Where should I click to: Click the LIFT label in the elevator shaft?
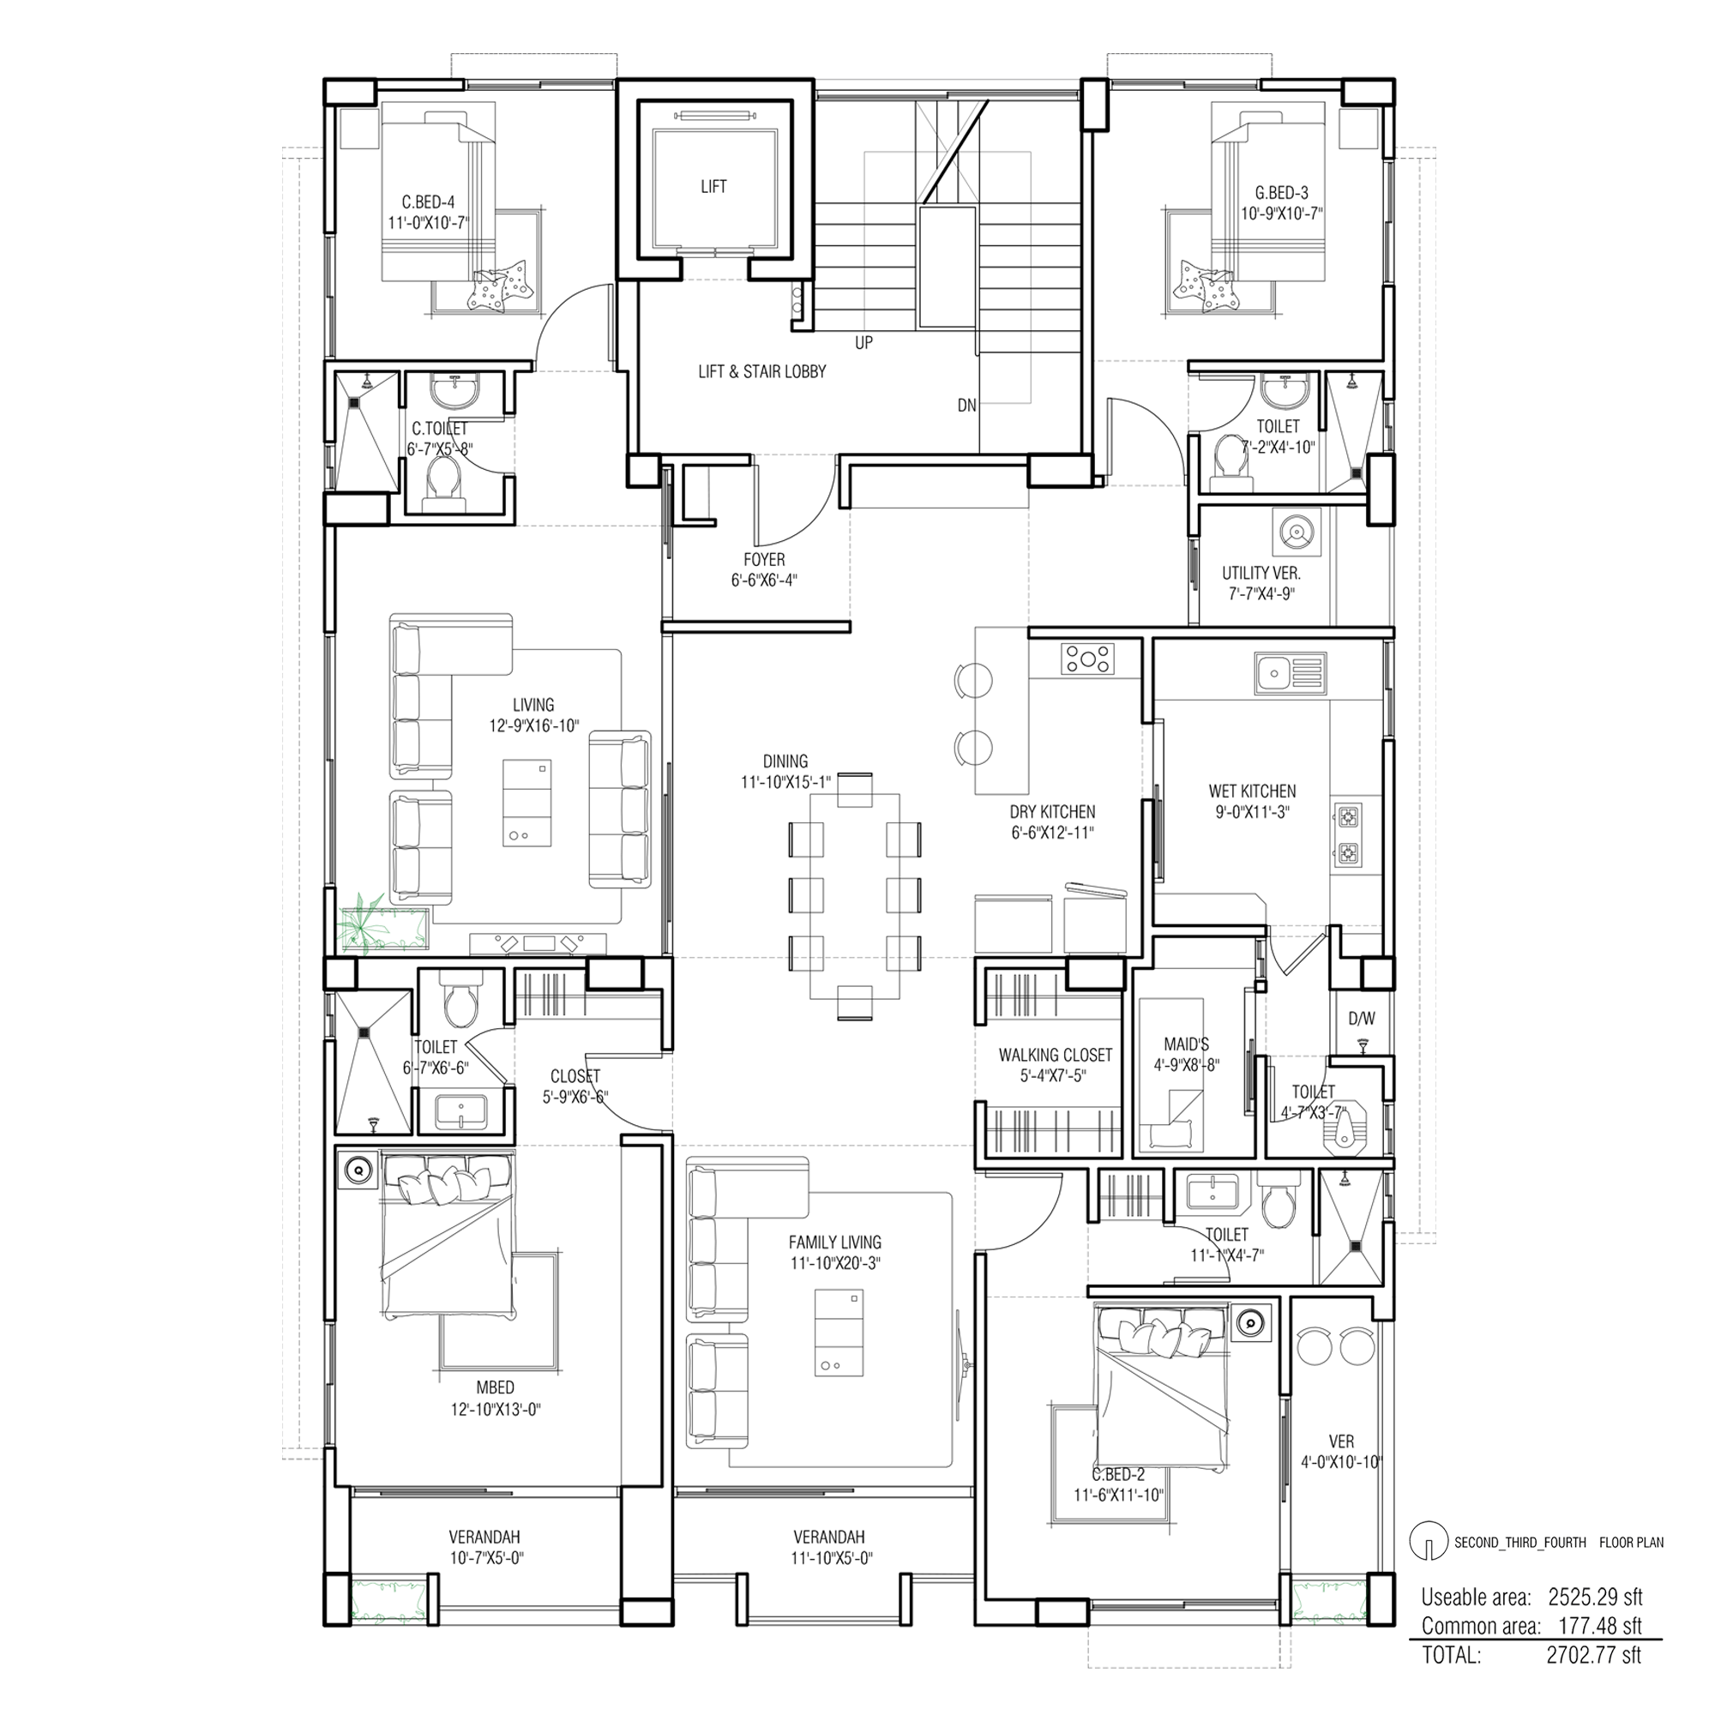(x=713, y=186)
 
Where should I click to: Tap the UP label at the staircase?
(x=864, y=343)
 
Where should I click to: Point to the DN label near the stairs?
(x=966, y=406)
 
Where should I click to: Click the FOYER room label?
(x=764, y=560)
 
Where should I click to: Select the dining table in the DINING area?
(x=854, y=897)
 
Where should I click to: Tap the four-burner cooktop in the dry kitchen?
(x=1087, y=659)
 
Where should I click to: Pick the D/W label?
(x=1362, y=1019)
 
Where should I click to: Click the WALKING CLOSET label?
(x=1055, y=1056)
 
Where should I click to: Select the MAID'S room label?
(x=1186, y=1044)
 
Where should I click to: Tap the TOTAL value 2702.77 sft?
(x=1594, y=1656)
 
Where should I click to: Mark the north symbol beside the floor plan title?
(x=1428, y=1543)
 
